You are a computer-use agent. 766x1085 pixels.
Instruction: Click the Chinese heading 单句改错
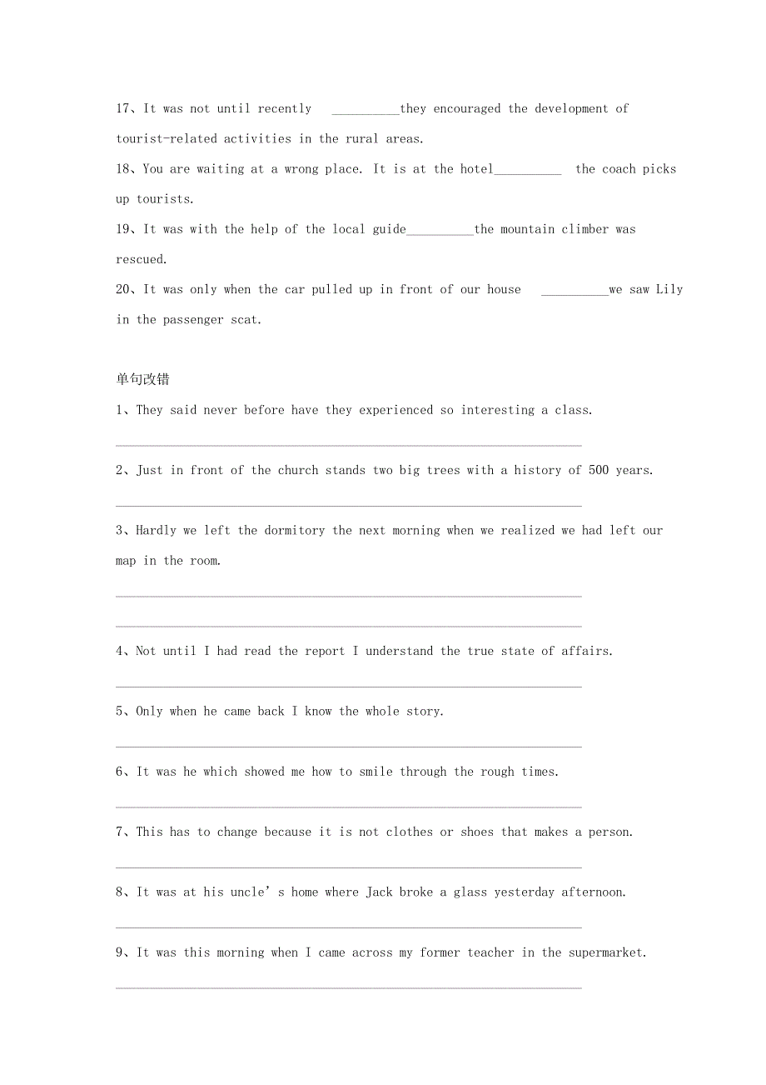(142, 379)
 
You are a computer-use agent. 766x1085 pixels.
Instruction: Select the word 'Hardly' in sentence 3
(156, 531)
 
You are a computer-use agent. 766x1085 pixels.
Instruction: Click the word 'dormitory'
(294, 531)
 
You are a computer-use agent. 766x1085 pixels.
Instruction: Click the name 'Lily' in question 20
(669, 289)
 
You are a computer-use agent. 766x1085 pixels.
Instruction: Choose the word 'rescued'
(140, 259)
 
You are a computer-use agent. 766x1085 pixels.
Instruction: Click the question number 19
(125, 229)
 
